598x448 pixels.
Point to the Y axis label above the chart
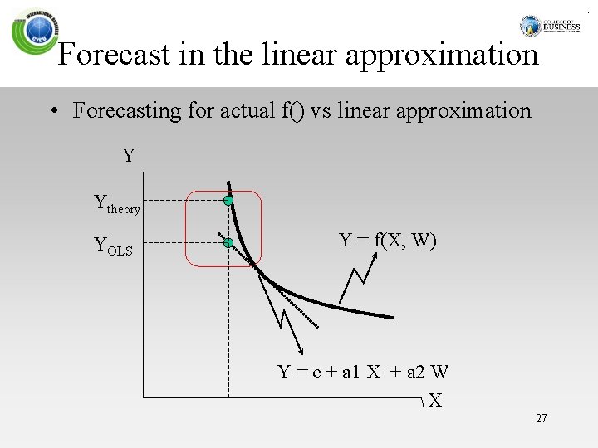tap(129, 155)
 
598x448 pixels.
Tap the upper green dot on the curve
tap(228, 201)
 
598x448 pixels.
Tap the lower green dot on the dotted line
tap(228, 243)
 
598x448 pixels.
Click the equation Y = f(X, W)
tap(388, 241)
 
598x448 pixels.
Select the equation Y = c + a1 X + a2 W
tap(363, 372)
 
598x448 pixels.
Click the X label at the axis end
tap(435, 402)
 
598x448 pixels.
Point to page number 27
tap(542, 419)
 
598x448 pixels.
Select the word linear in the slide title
tap(301, 56)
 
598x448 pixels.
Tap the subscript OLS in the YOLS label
tap(120, 250)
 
